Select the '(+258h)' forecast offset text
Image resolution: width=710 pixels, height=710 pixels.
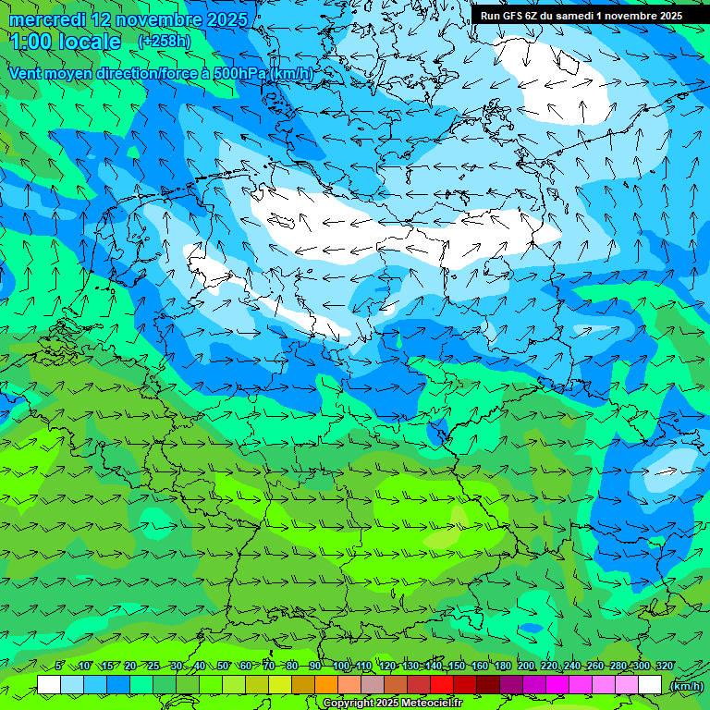point(165,42)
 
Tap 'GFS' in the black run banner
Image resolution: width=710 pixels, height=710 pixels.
point(514,16)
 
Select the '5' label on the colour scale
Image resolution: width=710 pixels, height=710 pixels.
point(59,666)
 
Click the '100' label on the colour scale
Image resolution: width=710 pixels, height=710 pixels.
point(340,666)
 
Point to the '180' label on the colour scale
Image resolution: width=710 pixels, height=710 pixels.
point(502,666)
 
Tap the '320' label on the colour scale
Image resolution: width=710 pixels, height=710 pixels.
point(664,666)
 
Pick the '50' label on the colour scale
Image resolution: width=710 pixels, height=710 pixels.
point(223,666)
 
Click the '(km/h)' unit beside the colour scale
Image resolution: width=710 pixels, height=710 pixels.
point(686,685)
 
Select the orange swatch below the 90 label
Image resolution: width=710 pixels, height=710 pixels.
point(326,684)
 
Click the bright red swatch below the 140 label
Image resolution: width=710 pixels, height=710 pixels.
point(442,684)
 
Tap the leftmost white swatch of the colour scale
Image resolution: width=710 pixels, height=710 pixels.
point(49,684)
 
